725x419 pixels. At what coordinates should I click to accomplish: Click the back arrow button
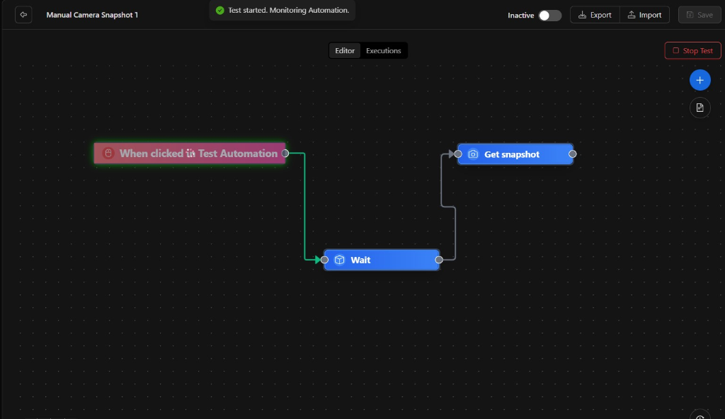coord(23,15)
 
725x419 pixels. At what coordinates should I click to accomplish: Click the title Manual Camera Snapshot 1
coord(92,15)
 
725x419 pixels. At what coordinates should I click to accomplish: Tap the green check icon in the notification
coord(220,10)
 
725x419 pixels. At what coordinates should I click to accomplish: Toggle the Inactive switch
coord(549,16)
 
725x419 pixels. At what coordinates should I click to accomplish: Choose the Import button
coord(644,15)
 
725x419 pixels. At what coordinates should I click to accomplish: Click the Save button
coord(699,15)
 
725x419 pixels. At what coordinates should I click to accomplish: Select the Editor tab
coord(345,51)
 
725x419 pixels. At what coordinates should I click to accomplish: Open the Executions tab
coord(383,51)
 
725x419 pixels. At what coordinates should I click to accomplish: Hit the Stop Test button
coord(692,50)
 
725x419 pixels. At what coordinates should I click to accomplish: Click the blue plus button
coord(700,80)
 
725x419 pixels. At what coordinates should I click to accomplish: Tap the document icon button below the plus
coord(700,108)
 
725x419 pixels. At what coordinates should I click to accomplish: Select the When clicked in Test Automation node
coord(190,153)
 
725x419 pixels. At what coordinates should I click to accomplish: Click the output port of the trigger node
coord(285,153)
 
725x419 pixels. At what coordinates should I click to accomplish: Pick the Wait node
coord(382,260)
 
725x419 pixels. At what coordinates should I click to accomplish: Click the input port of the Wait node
coord(324,260)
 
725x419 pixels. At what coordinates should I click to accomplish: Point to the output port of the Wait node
coord(439,260)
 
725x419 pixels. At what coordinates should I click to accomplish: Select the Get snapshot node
coord(515,154)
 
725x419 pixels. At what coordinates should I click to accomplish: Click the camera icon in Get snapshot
coord(473,154)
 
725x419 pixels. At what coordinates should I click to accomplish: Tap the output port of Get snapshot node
coord(572,154)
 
